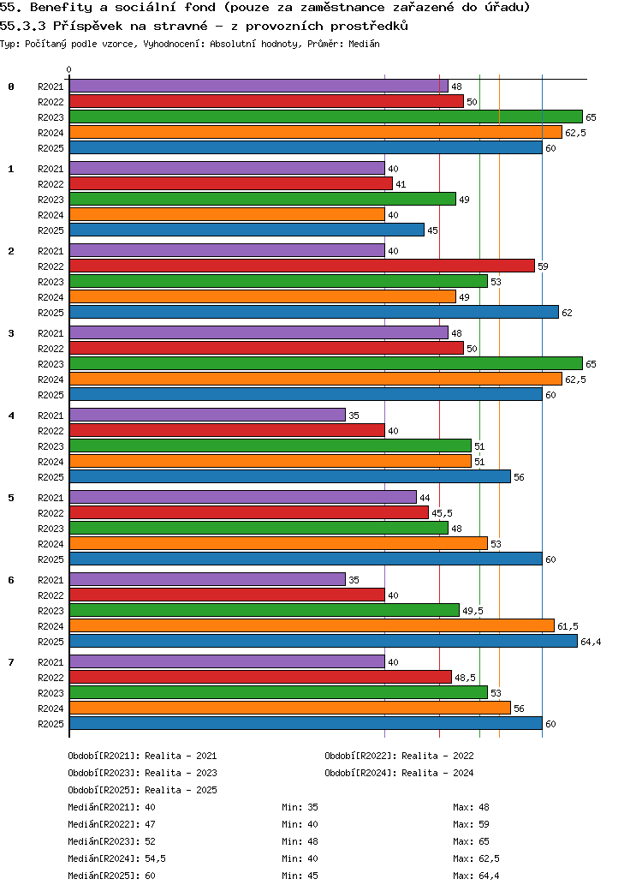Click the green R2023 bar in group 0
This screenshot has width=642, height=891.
325,117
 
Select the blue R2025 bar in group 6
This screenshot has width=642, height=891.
323,641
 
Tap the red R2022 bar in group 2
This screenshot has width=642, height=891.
301,266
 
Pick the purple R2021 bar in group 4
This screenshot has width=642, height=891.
207,415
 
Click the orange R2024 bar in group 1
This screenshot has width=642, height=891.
227,214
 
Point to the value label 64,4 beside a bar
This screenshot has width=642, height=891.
591,642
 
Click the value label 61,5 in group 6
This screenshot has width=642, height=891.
568,626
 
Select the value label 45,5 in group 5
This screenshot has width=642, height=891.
442,513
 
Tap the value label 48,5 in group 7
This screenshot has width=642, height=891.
465,678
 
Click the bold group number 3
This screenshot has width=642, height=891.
11,332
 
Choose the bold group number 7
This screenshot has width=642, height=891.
11,661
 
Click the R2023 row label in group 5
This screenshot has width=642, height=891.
51,529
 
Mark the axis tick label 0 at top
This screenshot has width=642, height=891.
69,69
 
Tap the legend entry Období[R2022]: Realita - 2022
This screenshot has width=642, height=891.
399,756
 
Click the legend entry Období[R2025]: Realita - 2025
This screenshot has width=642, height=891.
142,790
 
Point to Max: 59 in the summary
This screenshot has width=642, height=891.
471,824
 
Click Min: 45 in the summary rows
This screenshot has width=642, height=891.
300,876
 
